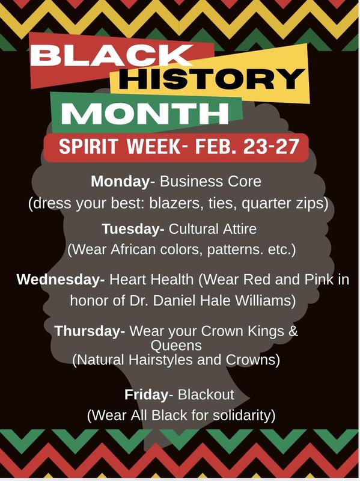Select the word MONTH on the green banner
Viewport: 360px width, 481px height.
[145, 112]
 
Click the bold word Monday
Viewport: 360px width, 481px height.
[119, 181]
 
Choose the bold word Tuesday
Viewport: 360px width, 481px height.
[132, 228]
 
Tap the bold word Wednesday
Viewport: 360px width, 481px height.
[60, 279]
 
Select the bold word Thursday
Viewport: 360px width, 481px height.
[90, 331]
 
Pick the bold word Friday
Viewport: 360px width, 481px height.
[145, 394]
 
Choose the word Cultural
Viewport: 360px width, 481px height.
[193, 228]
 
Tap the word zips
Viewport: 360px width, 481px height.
[313, 204]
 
